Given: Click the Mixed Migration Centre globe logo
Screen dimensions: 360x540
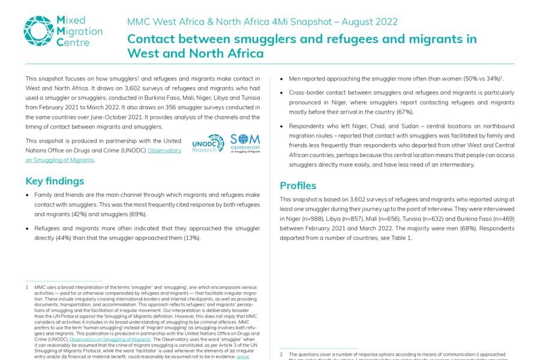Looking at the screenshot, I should point(38,31).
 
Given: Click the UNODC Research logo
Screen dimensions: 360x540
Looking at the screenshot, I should point(208,143).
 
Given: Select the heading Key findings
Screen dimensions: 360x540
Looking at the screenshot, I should point(55,181).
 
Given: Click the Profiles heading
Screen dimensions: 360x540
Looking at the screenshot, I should point(298,185).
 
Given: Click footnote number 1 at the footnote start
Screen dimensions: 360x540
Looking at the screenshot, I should point(27,287).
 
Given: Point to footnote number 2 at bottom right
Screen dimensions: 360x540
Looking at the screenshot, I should point(281,355).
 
